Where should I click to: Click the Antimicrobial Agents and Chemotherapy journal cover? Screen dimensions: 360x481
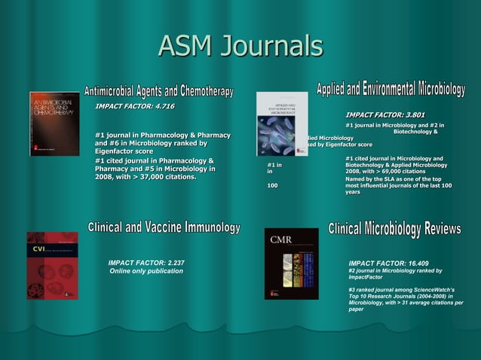coord(54,124)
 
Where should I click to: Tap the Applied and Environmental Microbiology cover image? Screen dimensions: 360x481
coord(282,124)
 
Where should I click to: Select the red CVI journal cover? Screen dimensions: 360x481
coord(52,265)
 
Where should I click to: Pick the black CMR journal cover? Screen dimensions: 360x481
coord(291,264)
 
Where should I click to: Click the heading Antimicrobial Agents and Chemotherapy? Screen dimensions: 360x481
coord(159,91)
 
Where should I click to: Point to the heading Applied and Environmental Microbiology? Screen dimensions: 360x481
coord(390,88)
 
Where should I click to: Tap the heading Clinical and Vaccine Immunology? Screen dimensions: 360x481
coord(164,227)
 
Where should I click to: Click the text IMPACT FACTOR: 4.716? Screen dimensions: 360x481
coord(134,106)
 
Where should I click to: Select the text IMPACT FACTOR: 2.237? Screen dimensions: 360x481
coord(146,262)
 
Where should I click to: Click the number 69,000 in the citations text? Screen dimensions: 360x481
coord(388,171)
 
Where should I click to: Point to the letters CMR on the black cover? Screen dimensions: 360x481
coord(281,241)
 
